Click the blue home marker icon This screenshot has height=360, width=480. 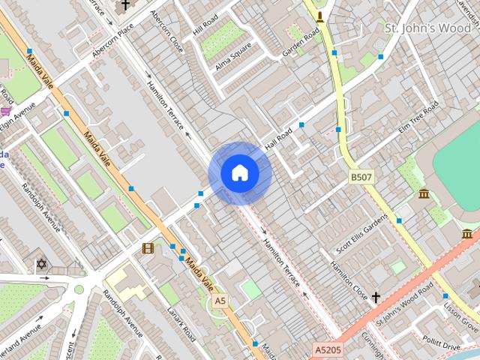point(239,173)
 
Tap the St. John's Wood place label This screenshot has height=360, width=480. point(427,28)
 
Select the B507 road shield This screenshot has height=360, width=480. point(361,177)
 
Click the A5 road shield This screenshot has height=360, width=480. point(220,300)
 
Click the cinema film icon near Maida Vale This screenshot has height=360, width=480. point(148,248)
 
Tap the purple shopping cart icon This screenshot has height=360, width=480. point(6,112)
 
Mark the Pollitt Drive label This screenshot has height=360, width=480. point(441,344)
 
